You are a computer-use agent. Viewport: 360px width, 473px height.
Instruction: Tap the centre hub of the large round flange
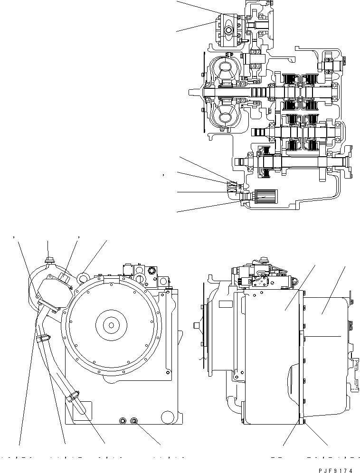pos(111,325)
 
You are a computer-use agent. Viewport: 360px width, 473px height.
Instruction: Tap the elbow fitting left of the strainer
pos(233,192)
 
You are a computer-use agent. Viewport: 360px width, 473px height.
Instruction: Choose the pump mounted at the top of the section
pos(227,31)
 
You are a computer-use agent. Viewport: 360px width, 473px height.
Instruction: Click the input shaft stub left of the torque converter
pos(195,92)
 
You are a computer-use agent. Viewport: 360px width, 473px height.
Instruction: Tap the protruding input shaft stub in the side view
pos(195,325)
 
